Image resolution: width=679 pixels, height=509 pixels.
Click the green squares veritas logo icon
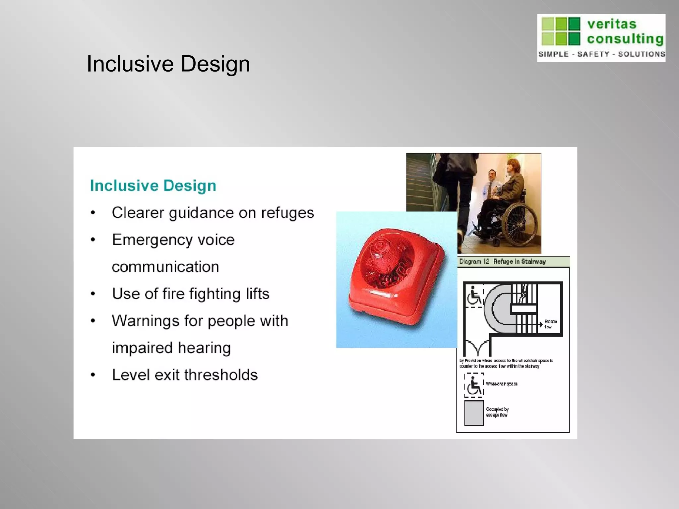tap(561, 31)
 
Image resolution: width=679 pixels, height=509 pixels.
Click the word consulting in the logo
tap(625, 39)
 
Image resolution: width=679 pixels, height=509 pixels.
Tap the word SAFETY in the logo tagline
tap(593, 54)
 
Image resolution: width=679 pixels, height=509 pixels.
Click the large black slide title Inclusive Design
tap(168, 64)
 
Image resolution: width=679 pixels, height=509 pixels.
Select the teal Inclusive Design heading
tap(153, 185)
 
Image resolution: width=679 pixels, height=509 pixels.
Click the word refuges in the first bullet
tap(287, 213)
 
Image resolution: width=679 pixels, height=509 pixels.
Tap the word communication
tap(165, 267)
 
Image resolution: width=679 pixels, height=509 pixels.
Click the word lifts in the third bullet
tap(257, 294)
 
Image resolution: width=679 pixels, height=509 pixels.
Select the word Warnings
tap(145, 321)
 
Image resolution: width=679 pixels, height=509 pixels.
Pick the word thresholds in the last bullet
tap(220, 375)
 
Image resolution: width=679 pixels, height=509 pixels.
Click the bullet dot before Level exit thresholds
tap(93, 375)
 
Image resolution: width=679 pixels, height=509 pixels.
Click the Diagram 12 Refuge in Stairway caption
tap(502, 261)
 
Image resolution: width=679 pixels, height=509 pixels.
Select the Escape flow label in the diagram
tap(550, 324)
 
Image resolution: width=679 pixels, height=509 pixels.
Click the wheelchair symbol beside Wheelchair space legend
tap(474, 385)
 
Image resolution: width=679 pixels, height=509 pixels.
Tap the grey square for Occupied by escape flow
tap(474, 413)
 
